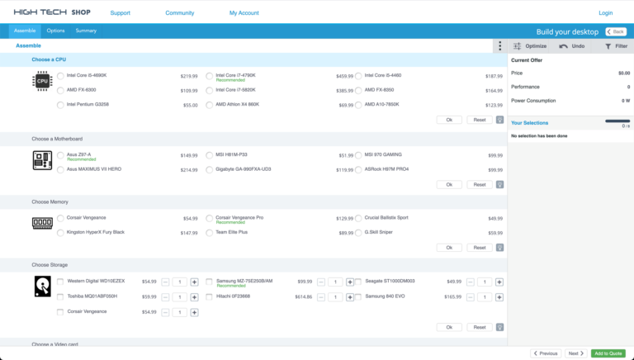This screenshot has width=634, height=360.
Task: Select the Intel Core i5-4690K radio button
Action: pos(61,76)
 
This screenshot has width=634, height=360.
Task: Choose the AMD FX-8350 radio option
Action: pos(359,90)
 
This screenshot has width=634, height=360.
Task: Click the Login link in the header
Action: pos(605,13)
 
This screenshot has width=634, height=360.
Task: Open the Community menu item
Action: pos(179,13)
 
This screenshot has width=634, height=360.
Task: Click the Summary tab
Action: pos(86,31)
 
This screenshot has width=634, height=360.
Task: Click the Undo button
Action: pos(571,46)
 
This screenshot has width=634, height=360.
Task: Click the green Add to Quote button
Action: pos(608,353)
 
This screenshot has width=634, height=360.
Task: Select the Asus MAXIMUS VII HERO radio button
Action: pos(61,169)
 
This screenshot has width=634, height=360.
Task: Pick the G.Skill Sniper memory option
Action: pos(359,233)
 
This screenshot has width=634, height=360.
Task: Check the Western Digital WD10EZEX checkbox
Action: pos(60,282)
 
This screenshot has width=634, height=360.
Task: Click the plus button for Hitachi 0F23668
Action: pos(350,296)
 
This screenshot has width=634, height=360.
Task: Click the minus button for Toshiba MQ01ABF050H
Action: pos(166,296)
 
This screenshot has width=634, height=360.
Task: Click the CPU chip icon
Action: pos(42,81)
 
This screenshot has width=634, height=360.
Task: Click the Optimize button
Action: pos(530,46)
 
